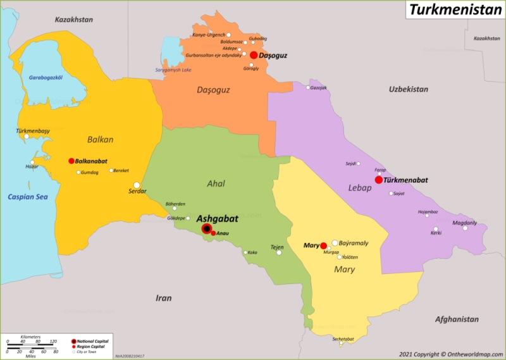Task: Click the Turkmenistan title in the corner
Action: [454, 10]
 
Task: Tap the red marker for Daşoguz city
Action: [254, 55]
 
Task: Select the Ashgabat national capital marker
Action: [206, 228]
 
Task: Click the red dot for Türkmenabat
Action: [379, 180]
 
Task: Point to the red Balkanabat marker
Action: [71, 161]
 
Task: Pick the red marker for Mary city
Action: [323, 245]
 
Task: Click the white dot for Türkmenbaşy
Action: [27, 136]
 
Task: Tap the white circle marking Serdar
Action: [137, 185]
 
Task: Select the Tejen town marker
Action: [279, 252]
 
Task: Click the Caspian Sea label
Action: [28, 197]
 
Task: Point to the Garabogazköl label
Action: [46, 78]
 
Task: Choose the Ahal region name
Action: [216, 183]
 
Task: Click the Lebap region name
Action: [359, 187]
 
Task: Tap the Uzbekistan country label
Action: [408, 89]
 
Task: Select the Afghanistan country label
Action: [457, 320]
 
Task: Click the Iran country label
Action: [164, 297]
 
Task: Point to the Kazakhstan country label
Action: [73, 20]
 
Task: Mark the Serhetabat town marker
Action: [340, 344]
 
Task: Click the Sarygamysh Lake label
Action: [173, 70]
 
